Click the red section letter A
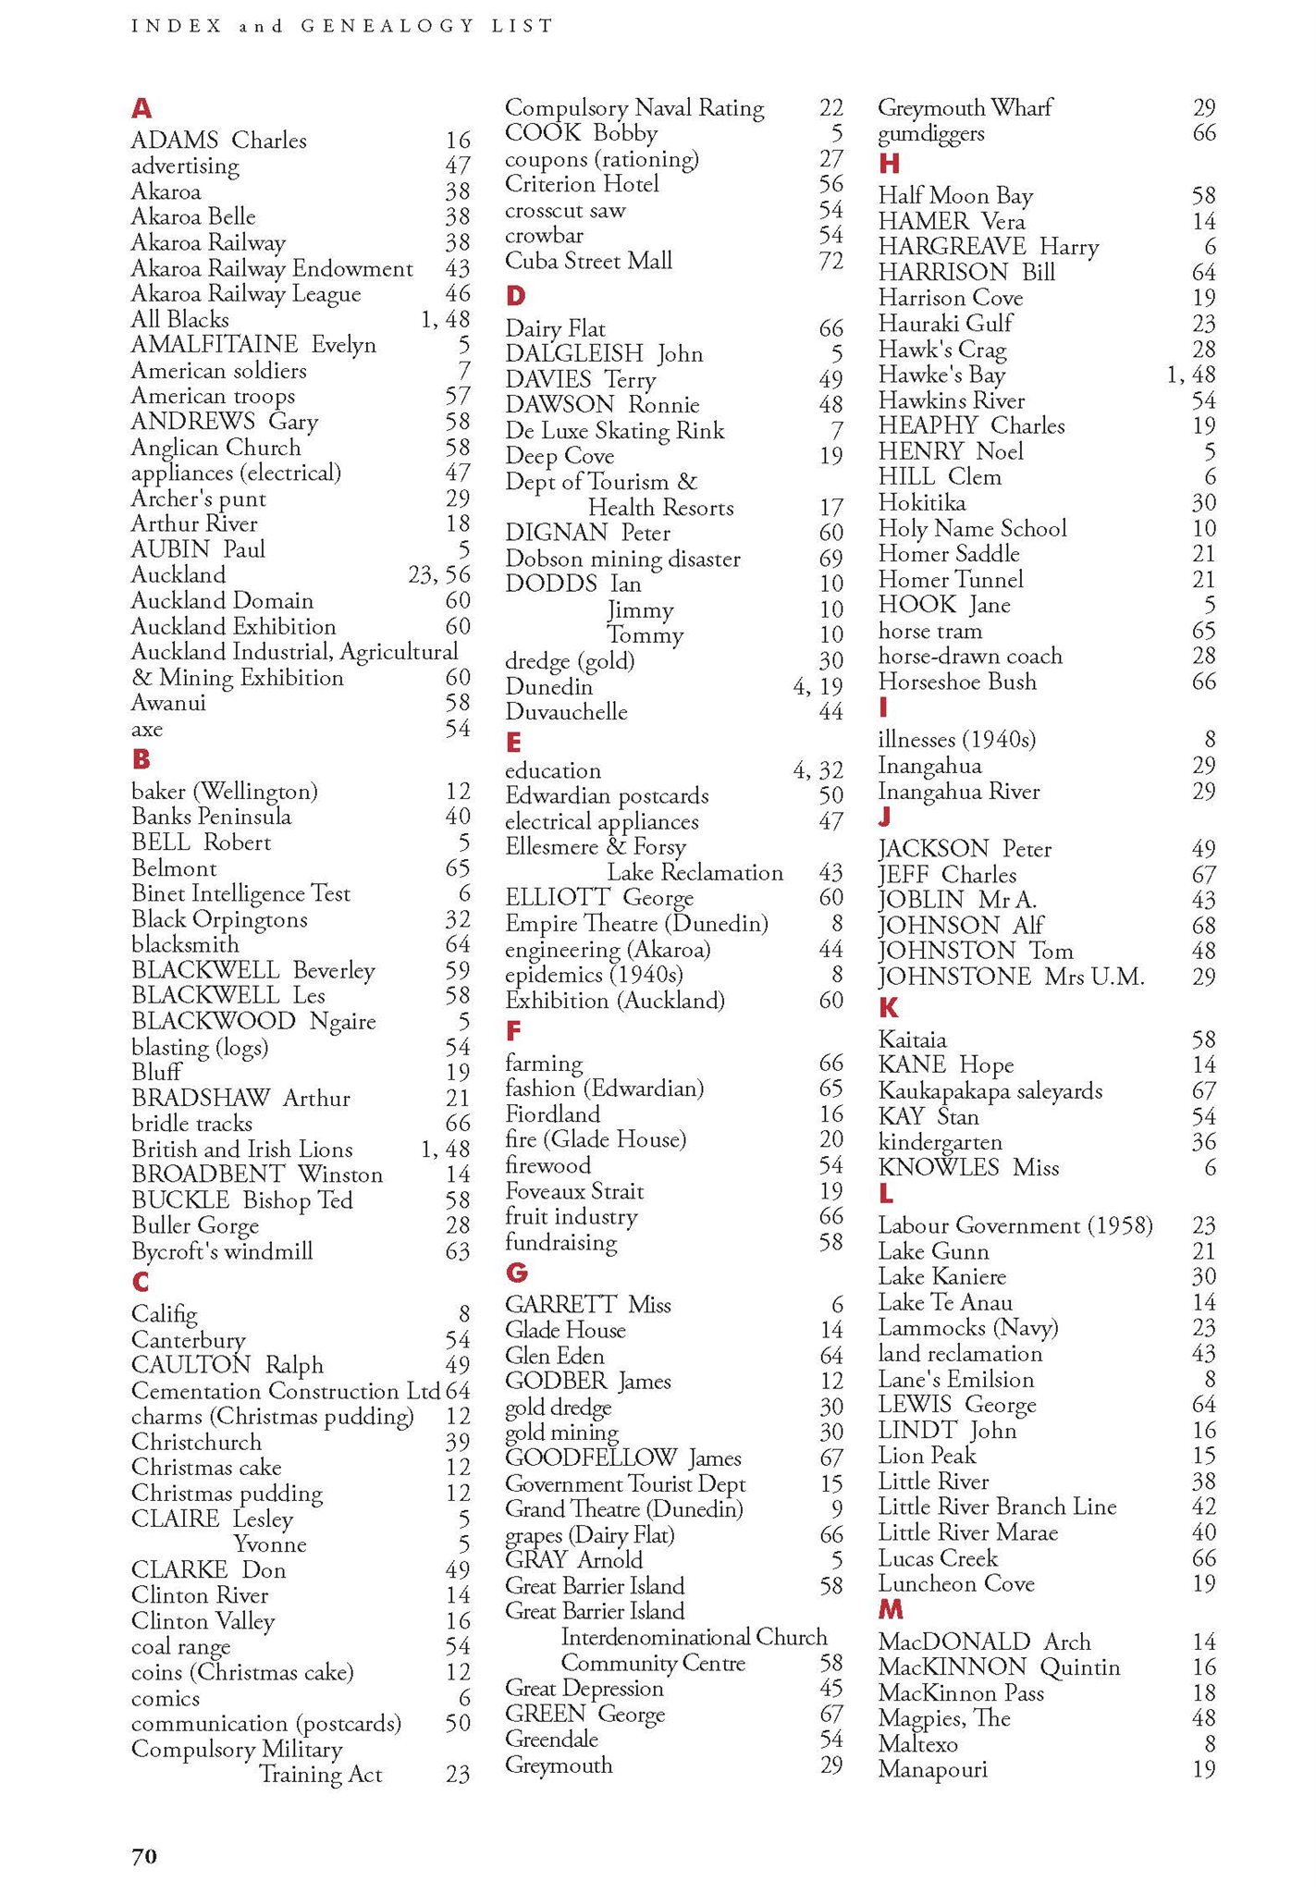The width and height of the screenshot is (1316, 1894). [x=141, y=109]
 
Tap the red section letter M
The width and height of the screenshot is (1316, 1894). [x=890, y=1610]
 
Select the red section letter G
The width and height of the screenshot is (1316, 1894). [x=516, y=1273]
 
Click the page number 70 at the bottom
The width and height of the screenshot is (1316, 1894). [x=144, y=1856]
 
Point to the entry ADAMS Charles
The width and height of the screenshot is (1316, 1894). [x=218, y=141]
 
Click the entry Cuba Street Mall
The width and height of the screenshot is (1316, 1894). [x=588, y=261]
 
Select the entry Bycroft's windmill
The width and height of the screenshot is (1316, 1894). [x=222, y=1251]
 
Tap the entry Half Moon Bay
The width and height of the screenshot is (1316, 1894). [x=955, y=196]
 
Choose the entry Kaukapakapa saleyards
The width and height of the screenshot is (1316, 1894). [x=990, y=1091]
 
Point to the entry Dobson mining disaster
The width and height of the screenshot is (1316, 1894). [x=622, y=559]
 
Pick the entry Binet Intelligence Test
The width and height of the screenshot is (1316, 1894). [x=240, y=893]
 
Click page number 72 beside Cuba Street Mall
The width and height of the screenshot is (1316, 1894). [x=830, y=261]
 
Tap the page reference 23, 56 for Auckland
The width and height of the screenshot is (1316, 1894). [x=438, y=575]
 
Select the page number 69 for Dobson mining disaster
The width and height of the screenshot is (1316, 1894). [x=830, y=559]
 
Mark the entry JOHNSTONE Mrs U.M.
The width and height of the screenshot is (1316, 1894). [x=1011, y=977]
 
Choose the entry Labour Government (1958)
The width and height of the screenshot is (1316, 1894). [x=1015, y=1225]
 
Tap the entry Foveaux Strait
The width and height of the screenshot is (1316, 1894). [x=573, y=1191]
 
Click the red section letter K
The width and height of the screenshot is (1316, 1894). [x=888, y=1008]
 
